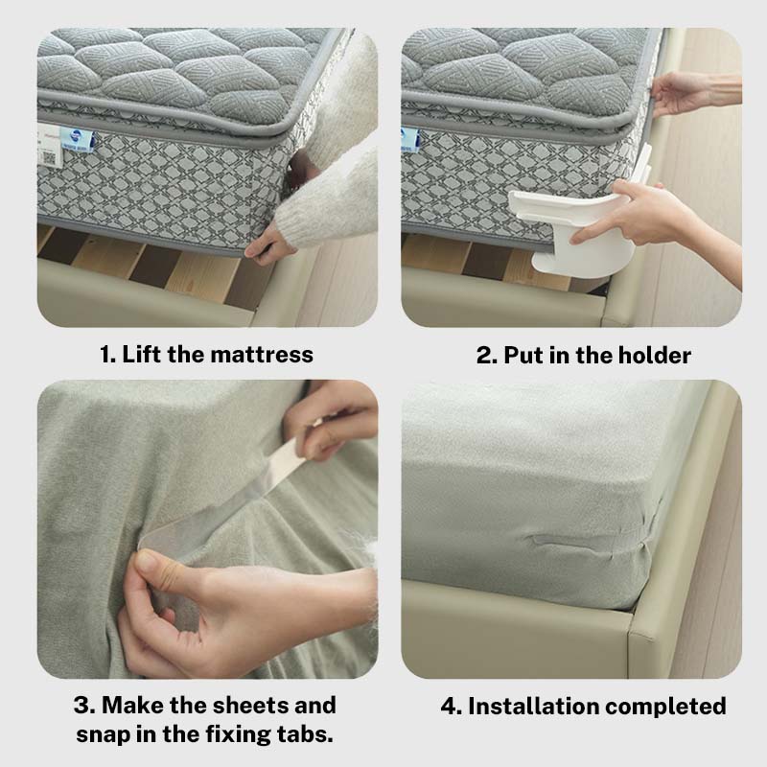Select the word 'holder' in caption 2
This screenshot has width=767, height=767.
(x=651, y=355)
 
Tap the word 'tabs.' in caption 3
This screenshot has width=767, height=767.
(x=308, y=736)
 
